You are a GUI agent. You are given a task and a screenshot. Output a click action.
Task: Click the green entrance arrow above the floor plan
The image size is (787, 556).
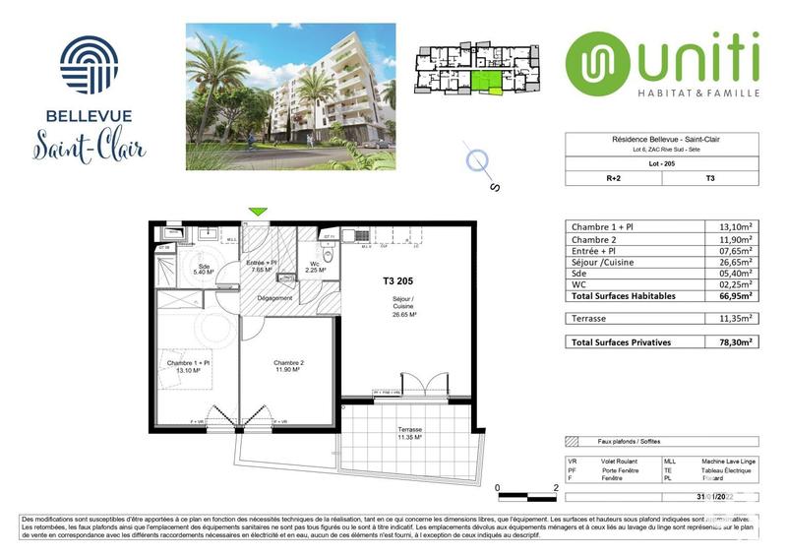[259, 211]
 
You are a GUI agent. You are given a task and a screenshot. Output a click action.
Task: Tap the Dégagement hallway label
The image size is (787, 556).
[275, 298]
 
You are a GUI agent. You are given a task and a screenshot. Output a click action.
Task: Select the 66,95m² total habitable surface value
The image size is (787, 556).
[733, 294]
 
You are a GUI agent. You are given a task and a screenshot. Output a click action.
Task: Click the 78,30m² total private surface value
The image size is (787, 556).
[733, 341]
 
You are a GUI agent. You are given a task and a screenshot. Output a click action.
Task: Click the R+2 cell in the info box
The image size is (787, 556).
[613, 178]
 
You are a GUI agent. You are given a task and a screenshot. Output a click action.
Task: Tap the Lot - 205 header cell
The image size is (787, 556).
[661, 163]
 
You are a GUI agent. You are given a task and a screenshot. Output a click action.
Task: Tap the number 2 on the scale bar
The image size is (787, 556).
[557, 487]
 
